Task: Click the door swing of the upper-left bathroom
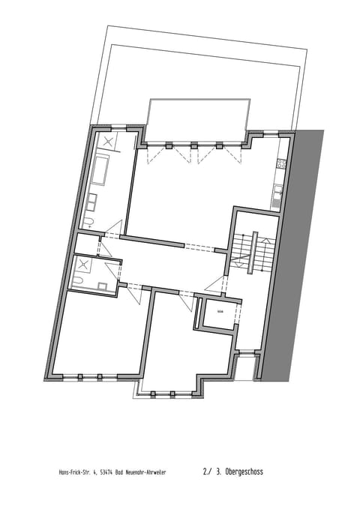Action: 112,229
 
